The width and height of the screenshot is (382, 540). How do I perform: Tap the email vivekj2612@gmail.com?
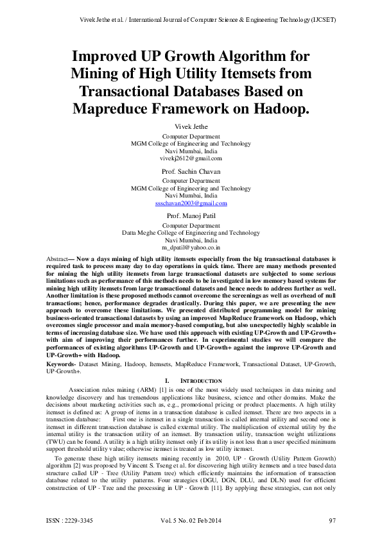point(191,158)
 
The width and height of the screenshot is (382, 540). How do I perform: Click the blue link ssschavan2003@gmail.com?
point(191,203)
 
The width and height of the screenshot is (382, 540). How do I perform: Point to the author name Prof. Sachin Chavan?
point(191,171)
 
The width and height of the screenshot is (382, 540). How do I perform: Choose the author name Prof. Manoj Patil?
point(191,216)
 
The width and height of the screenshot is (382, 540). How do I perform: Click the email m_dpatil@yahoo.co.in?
point(191,246)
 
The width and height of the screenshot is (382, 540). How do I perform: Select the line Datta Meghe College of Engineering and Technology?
point(191,233)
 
